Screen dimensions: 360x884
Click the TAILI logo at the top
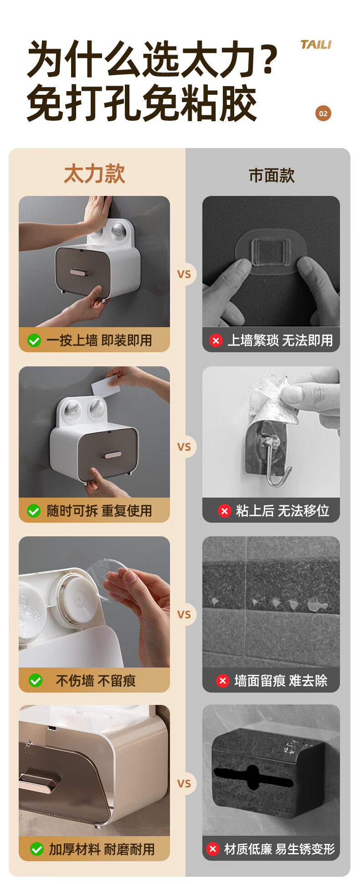tap(316, 45)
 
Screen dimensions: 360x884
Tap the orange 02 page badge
tap(323, 113)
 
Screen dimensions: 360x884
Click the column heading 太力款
tap(94, 174)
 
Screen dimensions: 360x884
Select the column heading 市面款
tap(272, 175)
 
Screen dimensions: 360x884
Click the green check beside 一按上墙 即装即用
tap(34, 340)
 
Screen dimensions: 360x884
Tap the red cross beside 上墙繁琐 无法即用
tap(216, 340)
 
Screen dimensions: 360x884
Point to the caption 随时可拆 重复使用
tap(99, 511)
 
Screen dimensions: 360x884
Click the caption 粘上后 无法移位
tap(283, 511)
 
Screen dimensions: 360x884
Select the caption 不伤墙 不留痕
tap(96, 681)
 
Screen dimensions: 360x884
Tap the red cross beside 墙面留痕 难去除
tap(222, 681)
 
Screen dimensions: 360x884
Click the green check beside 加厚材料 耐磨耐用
tap(36, 849)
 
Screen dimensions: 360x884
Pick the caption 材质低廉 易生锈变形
tap(279, 849)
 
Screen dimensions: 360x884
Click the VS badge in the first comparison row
tap(184, 274)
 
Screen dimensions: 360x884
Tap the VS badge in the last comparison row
tap(184, 784)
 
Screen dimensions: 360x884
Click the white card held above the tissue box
tap(106, 386)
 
